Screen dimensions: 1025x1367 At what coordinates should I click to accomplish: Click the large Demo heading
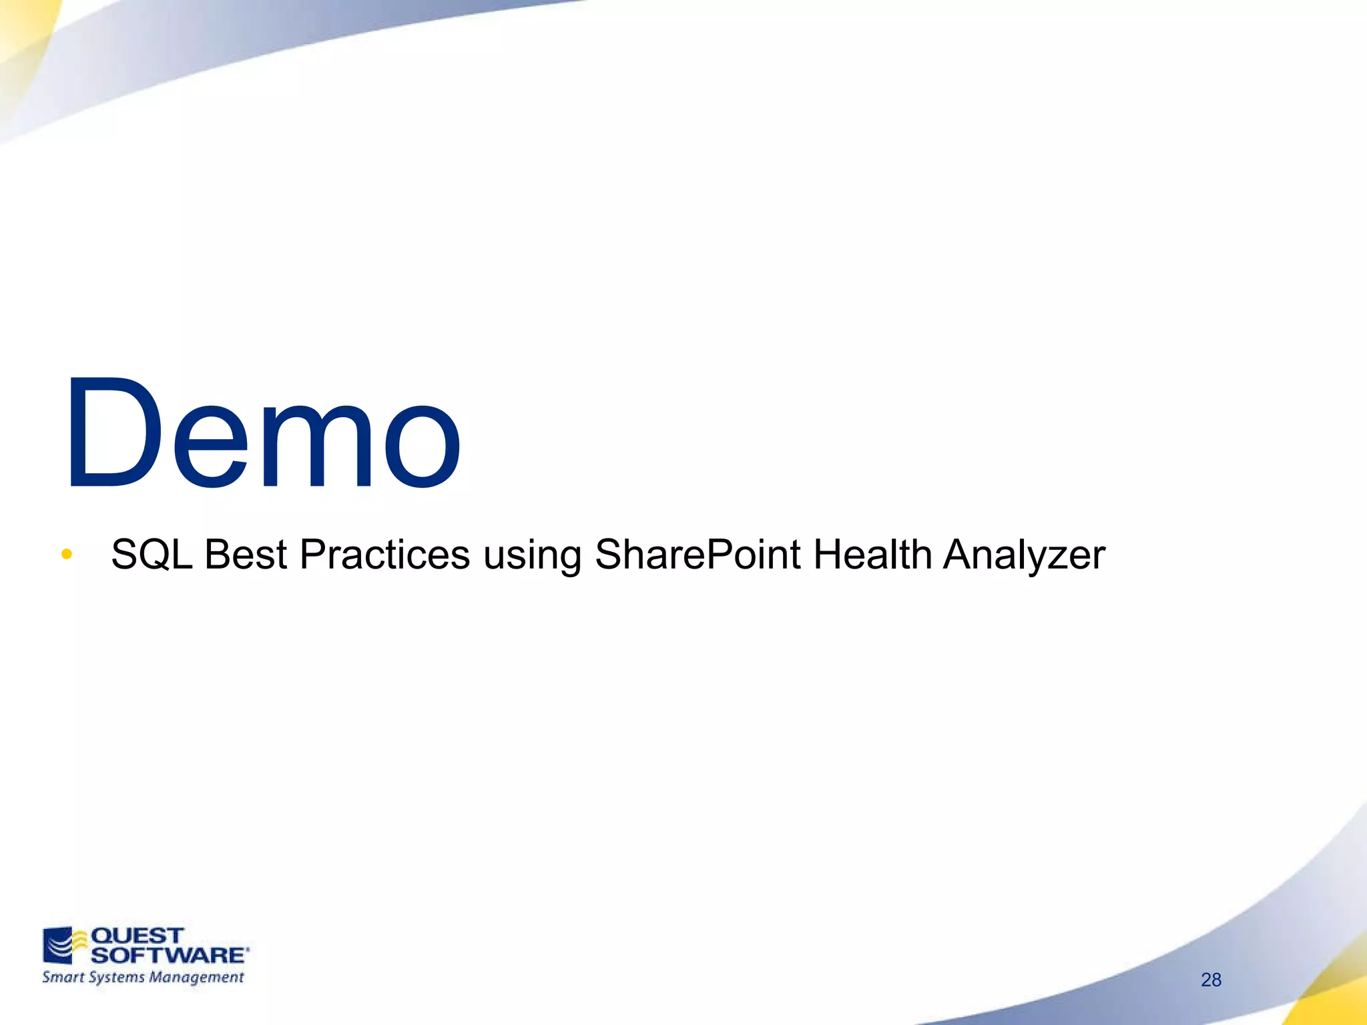click(x=262, y=434)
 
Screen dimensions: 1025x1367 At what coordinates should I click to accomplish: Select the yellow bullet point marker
click(x=66, y=554)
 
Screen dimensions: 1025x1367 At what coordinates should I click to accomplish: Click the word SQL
click(x=152, y=555)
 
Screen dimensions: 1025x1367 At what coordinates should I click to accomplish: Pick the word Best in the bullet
click(x=246, y=555)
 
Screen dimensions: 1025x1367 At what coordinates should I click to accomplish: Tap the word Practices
click(x=384, y=555)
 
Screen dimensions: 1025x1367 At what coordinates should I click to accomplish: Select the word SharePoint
click(x=697, y=555)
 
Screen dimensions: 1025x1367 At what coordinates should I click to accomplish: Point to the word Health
click(x=872, y=555)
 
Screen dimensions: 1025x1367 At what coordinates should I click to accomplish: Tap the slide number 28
click(x=1211, y=980)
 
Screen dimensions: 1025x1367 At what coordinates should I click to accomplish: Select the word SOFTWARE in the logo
click(x=168, y=955)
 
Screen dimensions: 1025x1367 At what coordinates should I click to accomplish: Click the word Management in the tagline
click(x=196, y=978)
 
